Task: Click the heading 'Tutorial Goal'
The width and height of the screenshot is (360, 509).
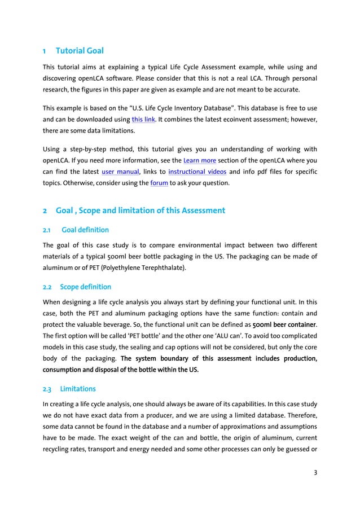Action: (x=80, y=51)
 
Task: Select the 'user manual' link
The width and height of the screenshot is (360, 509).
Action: (x=120, y=172)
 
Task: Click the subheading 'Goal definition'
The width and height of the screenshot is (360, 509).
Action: (x=85, y=230)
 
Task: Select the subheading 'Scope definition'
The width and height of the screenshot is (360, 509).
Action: (x=86, y=287)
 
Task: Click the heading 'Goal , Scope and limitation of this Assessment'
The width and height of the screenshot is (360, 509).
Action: (x=141, y=211)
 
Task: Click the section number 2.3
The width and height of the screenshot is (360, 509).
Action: (x=48, y=389)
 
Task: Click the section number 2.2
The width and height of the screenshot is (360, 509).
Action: (x=48, y=287)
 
